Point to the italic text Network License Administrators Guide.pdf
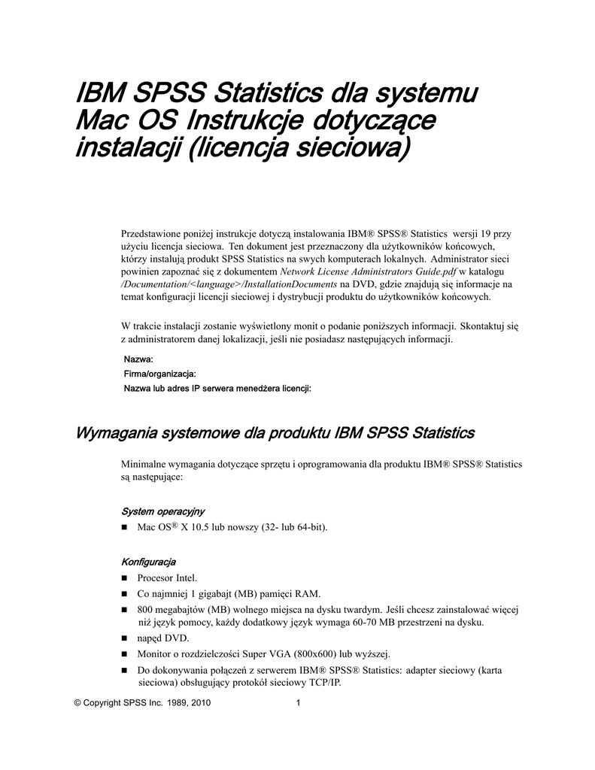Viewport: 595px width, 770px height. (368, 271)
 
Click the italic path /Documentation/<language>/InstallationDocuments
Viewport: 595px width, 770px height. (229, 284)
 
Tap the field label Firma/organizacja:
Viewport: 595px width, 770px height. (159, 374)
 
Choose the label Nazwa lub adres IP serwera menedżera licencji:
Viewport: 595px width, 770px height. (217, 389)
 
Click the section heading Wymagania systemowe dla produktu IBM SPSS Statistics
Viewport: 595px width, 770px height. (274, 433)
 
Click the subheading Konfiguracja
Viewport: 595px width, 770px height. (148, 562)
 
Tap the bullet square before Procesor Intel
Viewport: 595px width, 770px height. (126, 578)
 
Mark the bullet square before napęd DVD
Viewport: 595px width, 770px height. (126, 638)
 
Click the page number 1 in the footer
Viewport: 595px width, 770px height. (299, 703)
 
